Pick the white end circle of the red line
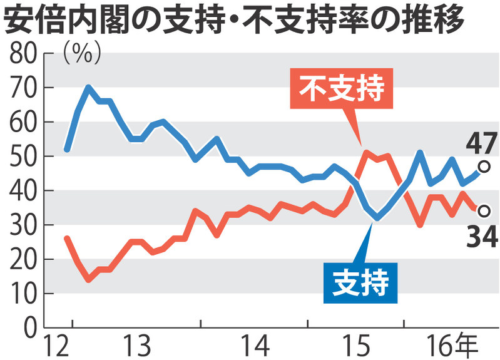tap(483, 211)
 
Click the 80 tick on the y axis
tap(21, 54)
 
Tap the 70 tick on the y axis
tap(21, 88)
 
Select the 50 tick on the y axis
tap(21, 157)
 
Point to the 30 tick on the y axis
tap(21, 225)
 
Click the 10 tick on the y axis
tap(21, 293)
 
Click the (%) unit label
tap(82, 54)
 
